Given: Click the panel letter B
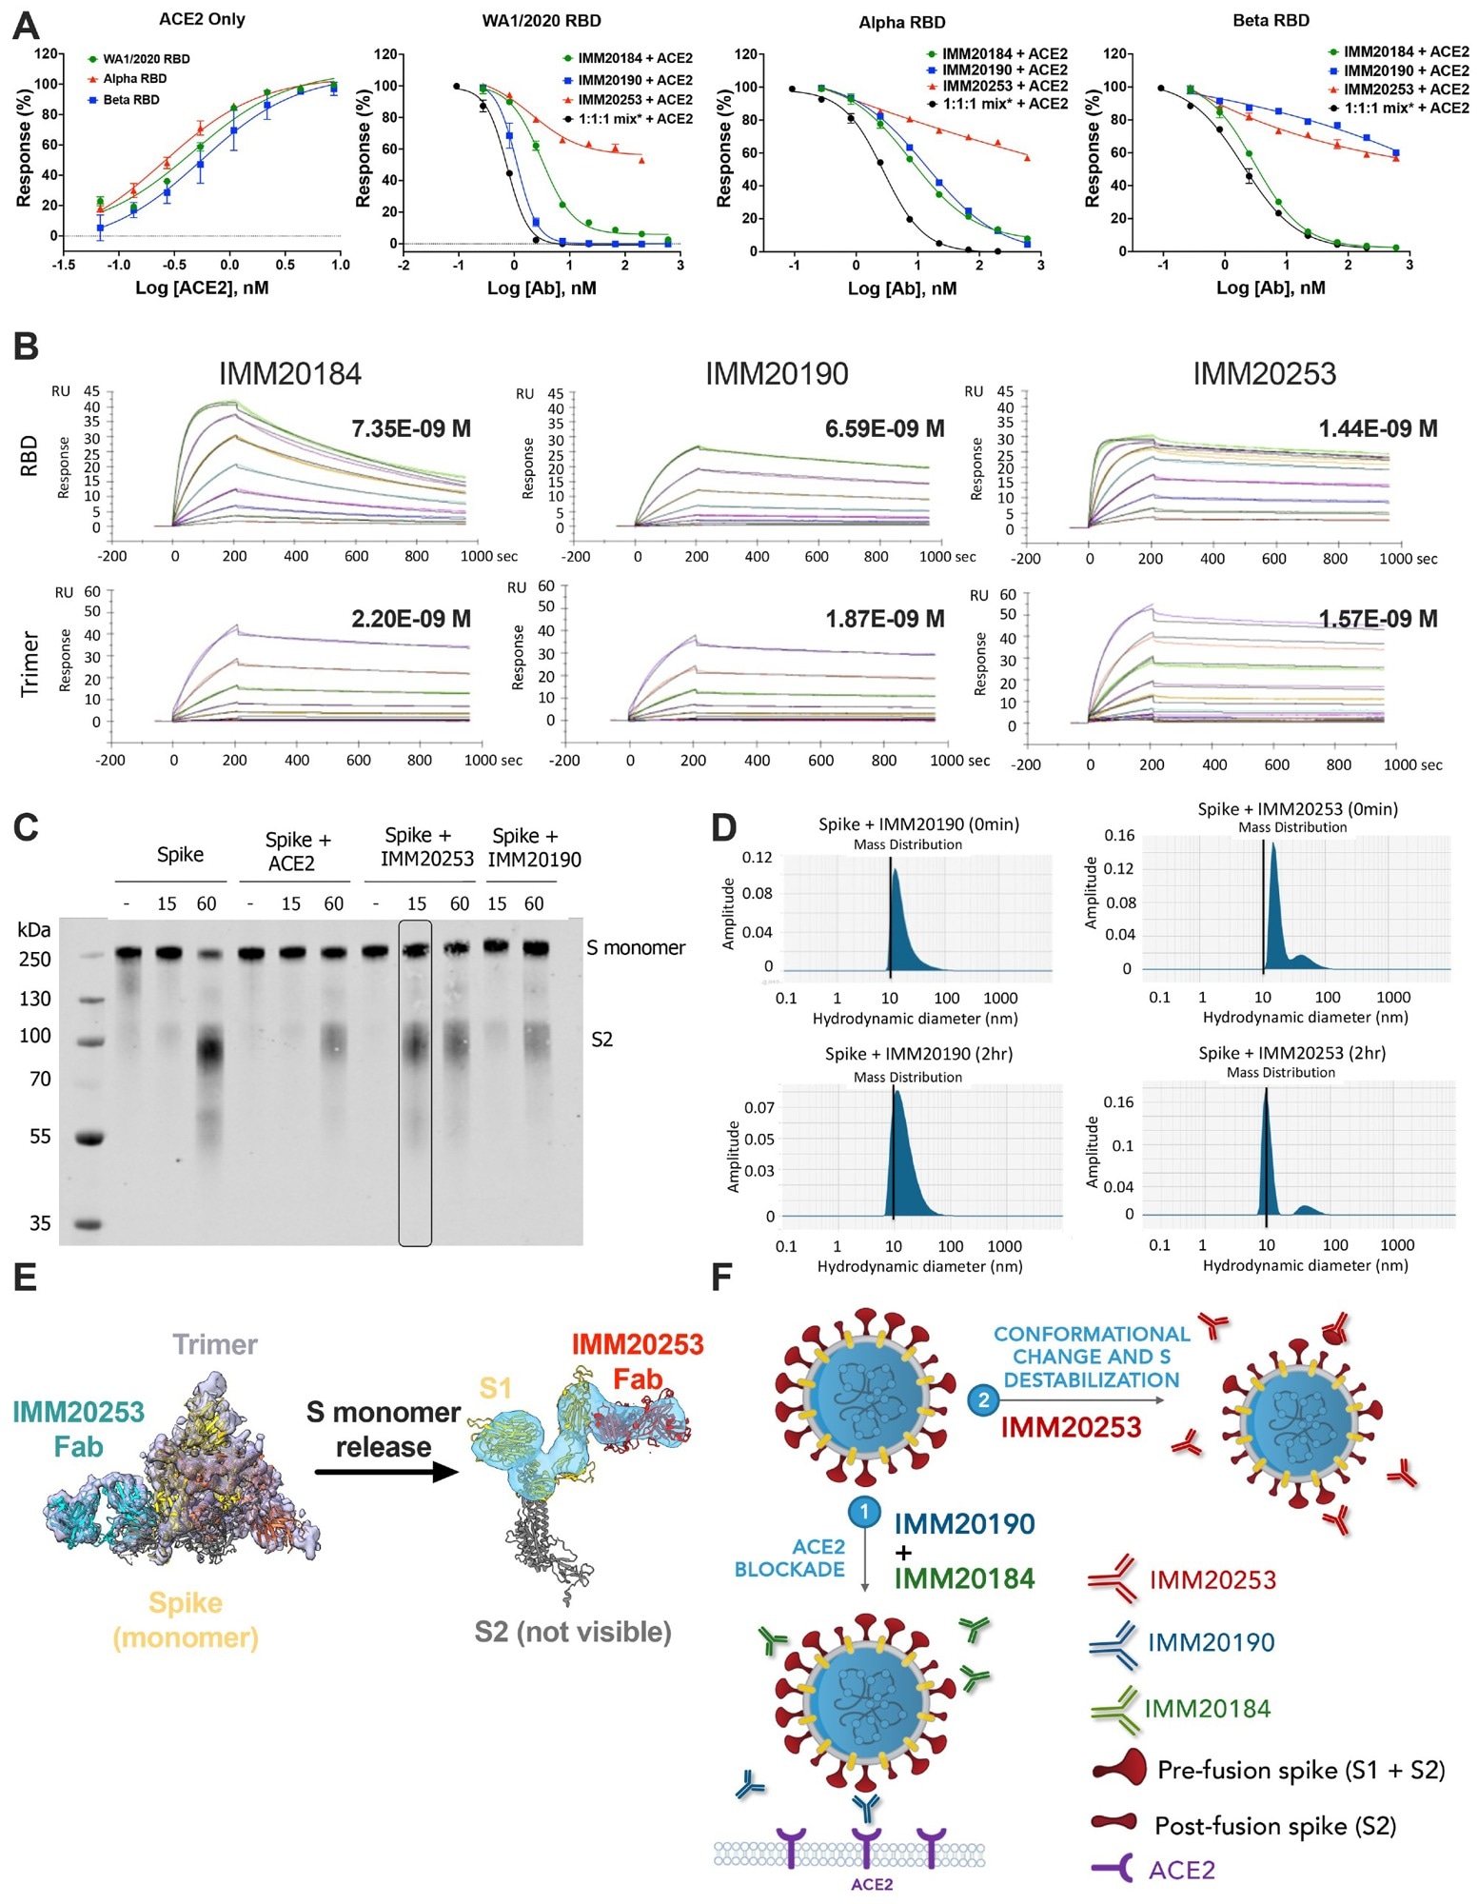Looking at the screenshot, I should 26,347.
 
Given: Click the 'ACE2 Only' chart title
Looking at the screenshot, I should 201,19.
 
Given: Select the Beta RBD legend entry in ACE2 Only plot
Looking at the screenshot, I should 130,100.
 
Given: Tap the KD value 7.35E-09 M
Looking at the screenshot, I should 411,429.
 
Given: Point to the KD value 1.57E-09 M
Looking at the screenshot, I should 1377,620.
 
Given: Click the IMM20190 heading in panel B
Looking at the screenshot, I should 776,374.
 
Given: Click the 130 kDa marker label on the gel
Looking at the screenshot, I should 35,999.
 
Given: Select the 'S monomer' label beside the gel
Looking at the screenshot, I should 636,948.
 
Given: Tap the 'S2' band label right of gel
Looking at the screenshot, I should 601,1040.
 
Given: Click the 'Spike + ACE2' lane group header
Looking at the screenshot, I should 297,851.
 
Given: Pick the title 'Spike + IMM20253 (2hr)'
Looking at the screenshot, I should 1291,1053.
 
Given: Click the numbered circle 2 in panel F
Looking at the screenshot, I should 983,1400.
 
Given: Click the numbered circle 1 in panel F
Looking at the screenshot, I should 864,1511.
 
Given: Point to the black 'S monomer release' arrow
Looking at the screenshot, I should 385,1472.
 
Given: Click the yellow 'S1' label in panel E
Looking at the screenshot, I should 495,1388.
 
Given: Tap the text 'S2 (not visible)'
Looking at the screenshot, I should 573,1633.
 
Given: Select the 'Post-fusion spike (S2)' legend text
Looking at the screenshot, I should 1274,1826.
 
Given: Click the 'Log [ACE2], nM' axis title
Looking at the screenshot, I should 202,288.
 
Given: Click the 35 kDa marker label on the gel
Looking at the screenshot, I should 39,1223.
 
